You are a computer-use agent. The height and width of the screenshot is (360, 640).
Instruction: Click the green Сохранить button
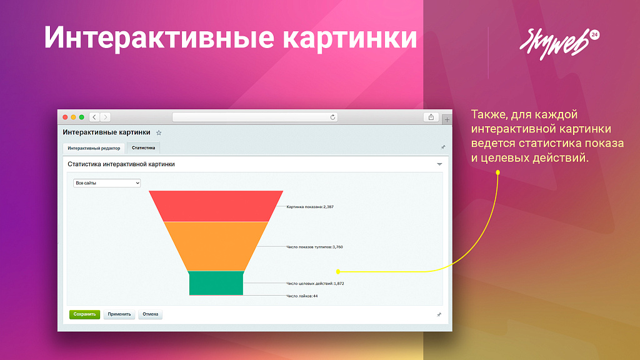[x=84, y=314]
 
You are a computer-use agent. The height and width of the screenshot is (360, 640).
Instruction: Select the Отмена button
[x=150, y=314]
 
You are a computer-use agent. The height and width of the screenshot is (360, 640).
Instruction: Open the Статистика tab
[x=143, y=148]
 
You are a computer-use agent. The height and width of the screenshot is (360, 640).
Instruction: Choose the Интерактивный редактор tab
[x=94, y=148]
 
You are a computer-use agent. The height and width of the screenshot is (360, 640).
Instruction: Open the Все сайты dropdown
[x=107, y=183]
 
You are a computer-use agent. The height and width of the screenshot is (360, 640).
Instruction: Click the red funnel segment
[x=216, y=206]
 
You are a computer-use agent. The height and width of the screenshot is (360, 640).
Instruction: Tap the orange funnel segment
[x=216, y=246]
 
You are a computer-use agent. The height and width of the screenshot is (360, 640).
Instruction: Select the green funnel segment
[x=216, y=282]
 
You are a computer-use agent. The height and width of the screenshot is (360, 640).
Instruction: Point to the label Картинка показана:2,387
[x=310, y=206]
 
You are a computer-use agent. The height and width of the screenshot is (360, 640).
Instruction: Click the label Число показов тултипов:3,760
[x=314, y=247]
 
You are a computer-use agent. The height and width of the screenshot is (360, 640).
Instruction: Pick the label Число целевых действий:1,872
[x=315, y=284]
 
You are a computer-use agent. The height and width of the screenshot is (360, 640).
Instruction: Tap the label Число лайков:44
[x=302, y=296]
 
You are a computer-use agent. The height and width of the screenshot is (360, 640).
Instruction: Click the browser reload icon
[x=333, y=117]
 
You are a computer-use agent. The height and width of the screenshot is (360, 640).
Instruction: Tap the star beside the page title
[x=159, y=132]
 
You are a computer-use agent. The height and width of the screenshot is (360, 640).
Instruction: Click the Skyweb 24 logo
[x=558, y=43]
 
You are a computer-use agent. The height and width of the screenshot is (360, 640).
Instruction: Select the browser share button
[x=431, y=117]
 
